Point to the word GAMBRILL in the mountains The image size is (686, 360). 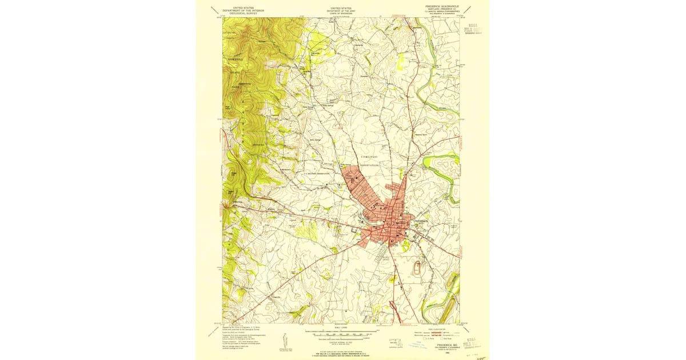235,59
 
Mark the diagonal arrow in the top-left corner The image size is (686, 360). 214,10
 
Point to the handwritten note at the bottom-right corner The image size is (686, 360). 472,353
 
